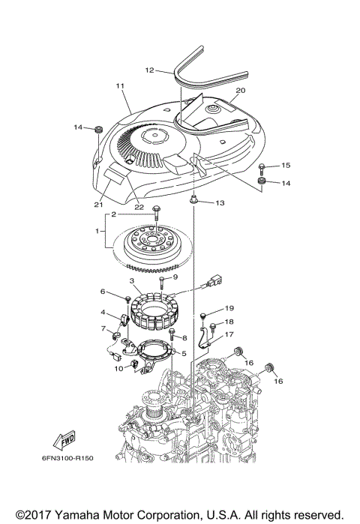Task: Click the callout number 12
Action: [149, 70]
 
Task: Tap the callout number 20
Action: [240, 91]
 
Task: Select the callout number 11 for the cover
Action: [119, 87]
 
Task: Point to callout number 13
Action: [220, 202]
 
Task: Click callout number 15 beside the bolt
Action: [286, 165]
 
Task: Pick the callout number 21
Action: [98, 205]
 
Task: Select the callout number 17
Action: [229, 335]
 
